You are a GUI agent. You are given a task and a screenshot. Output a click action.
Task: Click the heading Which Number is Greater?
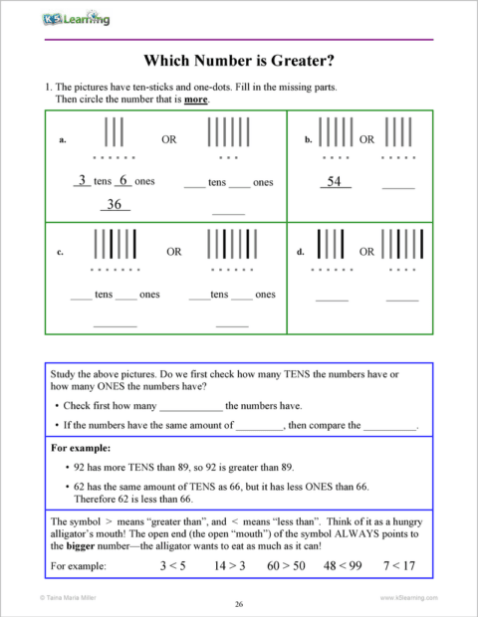239,60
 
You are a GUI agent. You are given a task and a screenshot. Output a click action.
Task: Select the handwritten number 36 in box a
115,204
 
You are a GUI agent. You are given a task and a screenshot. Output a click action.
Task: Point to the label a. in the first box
63,140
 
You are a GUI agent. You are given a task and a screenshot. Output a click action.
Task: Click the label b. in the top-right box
308,140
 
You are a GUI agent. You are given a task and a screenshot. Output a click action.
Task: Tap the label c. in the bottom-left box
63,253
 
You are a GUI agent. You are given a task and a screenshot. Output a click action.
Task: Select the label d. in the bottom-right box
301,253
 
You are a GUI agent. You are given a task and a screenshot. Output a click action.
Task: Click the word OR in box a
168,140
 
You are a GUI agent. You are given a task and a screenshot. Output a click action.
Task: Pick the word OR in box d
366,253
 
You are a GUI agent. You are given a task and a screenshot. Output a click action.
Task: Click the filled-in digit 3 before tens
82,181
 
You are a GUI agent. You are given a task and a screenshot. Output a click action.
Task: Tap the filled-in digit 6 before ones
122,181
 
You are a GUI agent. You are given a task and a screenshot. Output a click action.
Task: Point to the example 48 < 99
342,565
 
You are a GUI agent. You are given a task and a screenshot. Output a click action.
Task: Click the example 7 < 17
398,565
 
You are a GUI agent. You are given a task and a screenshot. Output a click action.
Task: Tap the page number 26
239,604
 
